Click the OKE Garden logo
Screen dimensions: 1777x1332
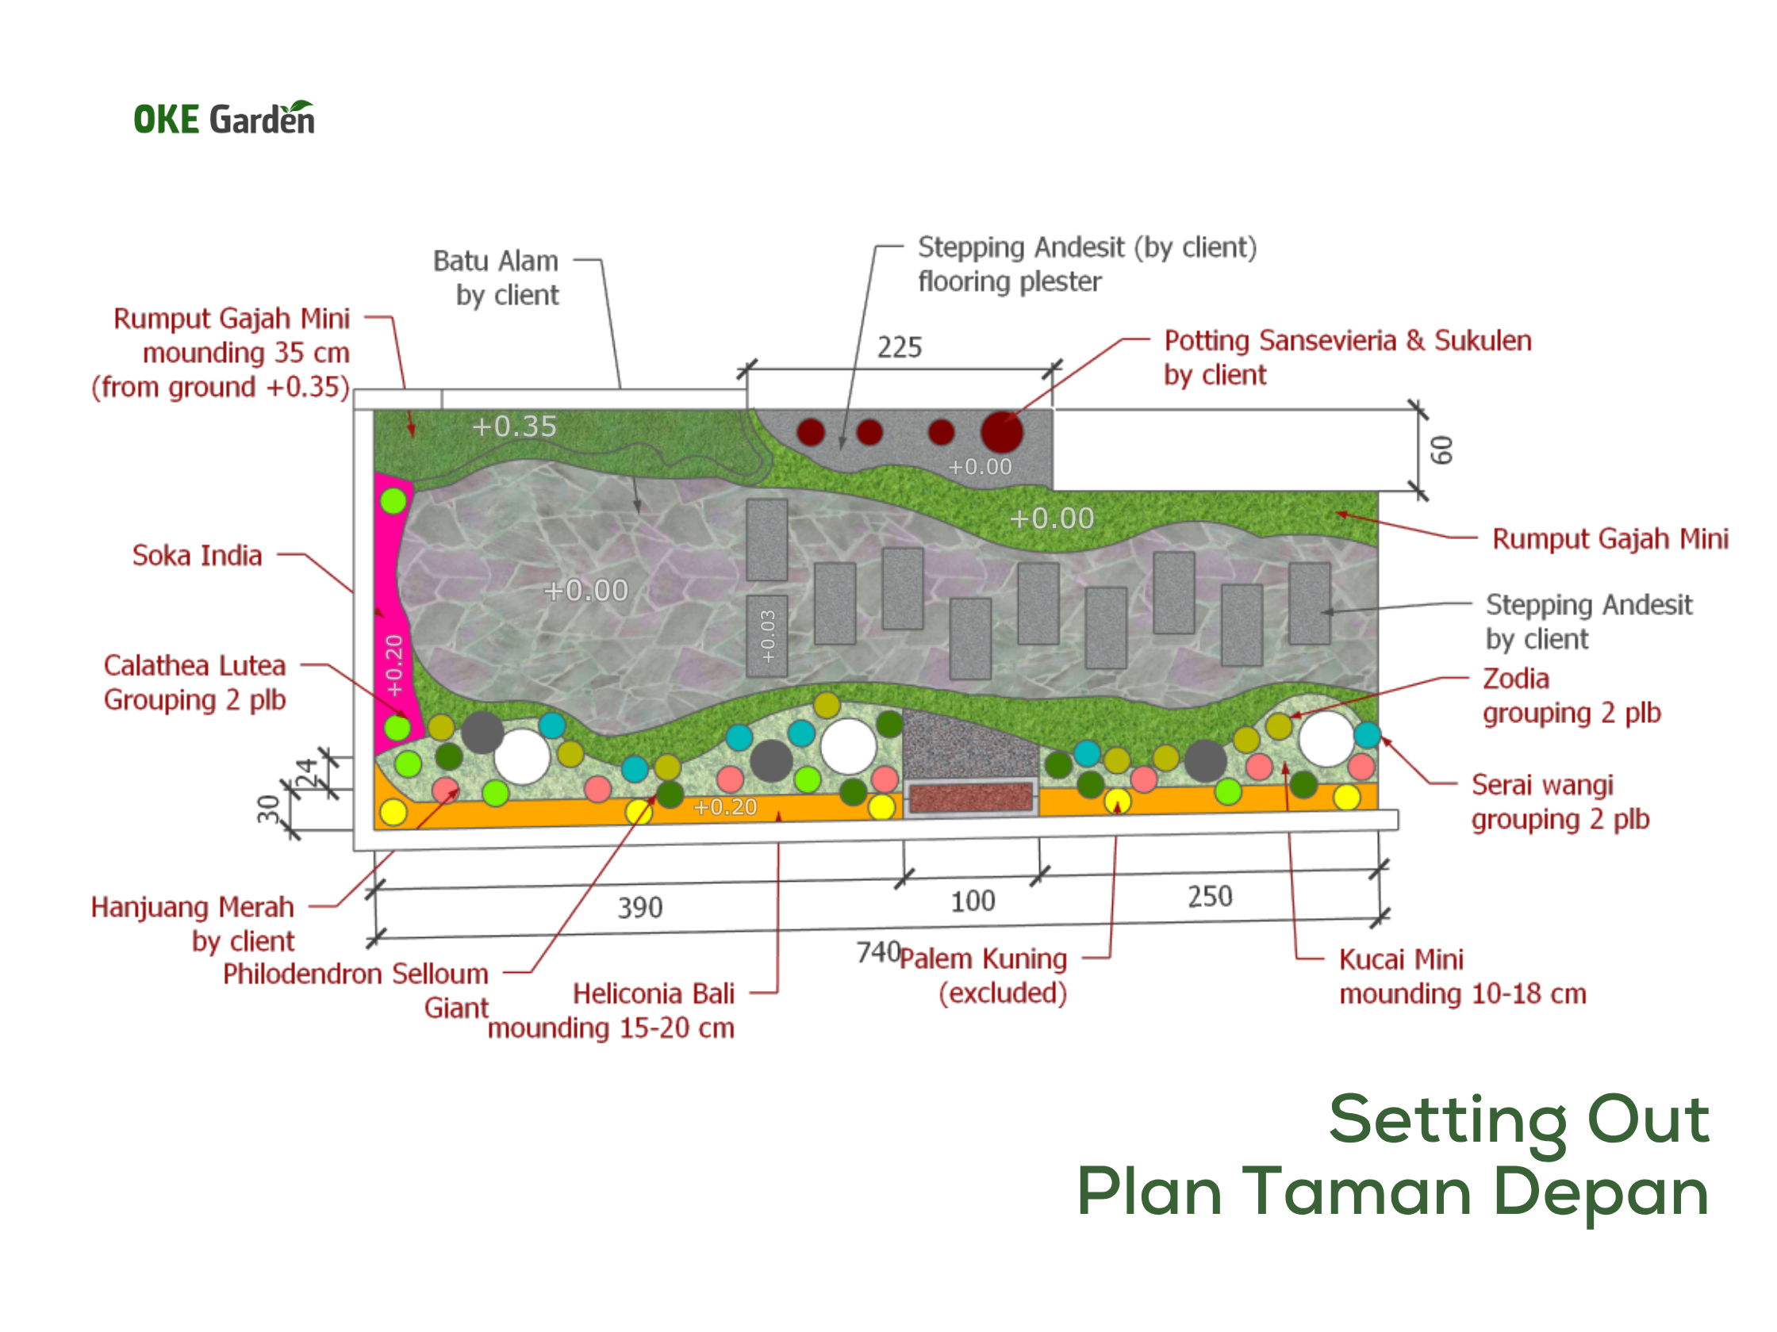[x=225, y=118]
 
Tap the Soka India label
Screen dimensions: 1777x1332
[x=197, y=556]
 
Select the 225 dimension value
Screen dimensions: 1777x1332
[x=900, y=346]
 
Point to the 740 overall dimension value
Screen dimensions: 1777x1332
[x=878, y=952]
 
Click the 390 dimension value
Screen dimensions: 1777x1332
[x=640, y=908]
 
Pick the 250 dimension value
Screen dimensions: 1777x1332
[x=1210, y=897]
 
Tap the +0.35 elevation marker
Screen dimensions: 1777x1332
[x=514, y=427]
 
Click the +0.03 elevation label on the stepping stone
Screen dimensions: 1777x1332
[x=768, y=636]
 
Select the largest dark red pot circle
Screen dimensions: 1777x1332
[x=1002, y=432]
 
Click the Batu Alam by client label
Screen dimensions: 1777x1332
[x=496, y=277]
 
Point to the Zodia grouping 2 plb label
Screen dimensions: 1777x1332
[x=1572, y=696]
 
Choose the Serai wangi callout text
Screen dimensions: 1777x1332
[x=1560, y=802]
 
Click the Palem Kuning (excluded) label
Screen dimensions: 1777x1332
[x=983, y=975]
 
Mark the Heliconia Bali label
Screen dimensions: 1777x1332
[x=653, y=994]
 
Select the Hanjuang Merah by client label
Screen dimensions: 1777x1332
[x=193, y=924]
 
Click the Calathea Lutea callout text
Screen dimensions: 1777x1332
[x=194, y=683]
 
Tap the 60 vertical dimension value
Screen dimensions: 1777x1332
[x=1442, y=450]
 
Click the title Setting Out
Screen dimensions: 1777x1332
[x=1519, y=1121]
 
